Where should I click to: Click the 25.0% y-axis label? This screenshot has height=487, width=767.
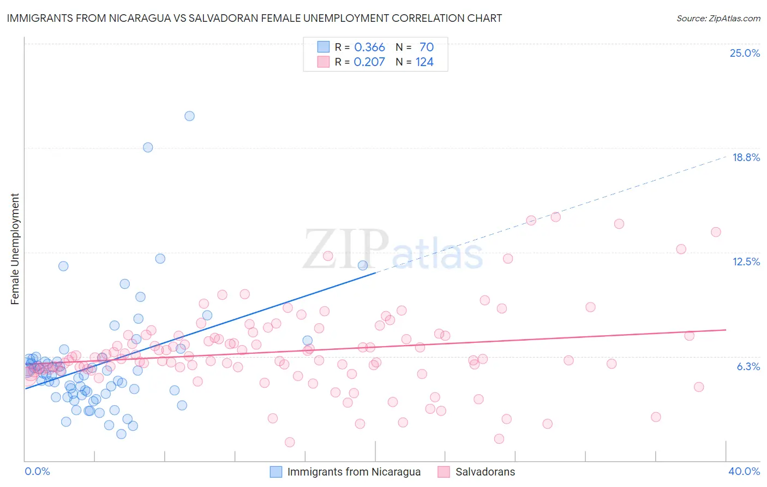pyautogui.click(x=745, y=53)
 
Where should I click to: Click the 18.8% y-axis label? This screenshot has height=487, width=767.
pyautogui.click(x=746, y=157)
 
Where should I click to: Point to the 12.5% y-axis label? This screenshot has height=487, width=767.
pyautogui.click(x=746, y=262)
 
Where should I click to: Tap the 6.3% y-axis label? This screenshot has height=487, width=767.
pyautogui.click(x=748, y=366)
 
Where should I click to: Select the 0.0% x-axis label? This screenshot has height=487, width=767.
pyautogui.click(x=37, y=471)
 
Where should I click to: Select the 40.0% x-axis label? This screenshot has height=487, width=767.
pyautogui.click(x=744, y=471)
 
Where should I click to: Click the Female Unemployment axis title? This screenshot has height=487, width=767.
pyautogui.click(x=15, y=249)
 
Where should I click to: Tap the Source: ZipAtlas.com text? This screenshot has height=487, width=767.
pyautogui.click(x=718, y=18)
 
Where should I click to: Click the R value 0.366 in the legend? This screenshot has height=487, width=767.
pyautogui.click(x=369, y=47)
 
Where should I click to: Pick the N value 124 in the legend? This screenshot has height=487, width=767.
pyautogui.click(x=424, y=62)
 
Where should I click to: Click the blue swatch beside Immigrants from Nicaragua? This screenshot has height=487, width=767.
pyautogui.click(x=276, y=472)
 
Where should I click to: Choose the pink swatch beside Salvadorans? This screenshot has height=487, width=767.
pyautogui.click(x=444, y=472)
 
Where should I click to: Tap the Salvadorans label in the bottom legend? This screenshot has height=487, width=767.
pyautogui.click(x=485, y=472)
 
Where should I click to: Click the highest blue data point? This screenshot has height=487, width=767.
pyautogui.click(x=189, y=116)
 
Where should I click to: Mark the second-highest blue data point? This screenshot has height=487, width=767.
pyautogui.click(x=148, y=147)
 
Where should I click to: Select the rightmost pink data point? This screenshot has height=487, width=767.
pyautogui.click(x=716, y=232)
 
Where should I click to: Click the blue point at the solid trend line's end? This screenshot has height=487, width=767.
pyautogui.click(x=363, y=265)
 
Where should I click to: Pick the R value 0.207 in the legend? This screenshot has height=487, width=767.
pyautogui.click(x=369, y=62)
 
